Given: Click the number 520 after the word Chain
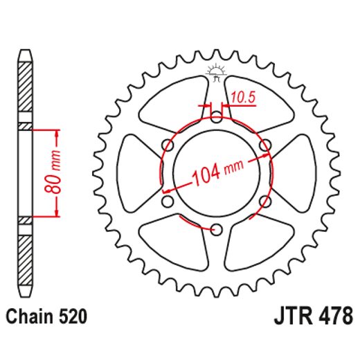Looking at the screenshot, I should coord(73,318).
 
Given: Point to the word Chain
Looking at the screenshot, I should coord(32,318).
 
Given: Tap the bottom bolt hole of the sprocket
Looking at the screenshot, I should coord(216,230).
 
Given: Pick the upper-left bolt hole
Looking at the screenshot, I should coord(167,144).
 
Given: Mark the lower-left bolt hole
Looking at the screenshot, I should coord(167,201).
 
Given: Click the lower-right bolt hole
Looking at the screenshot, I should coord(265,201).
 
